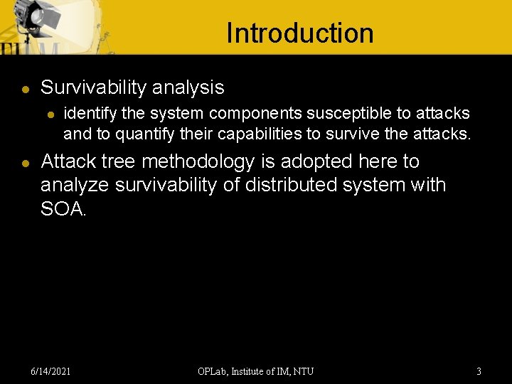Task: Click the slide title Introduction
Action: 299,33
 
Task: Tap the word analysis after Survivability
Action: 187,87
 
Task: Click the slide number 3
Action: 479,371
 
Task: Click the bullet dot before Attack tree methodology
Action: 25,163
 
